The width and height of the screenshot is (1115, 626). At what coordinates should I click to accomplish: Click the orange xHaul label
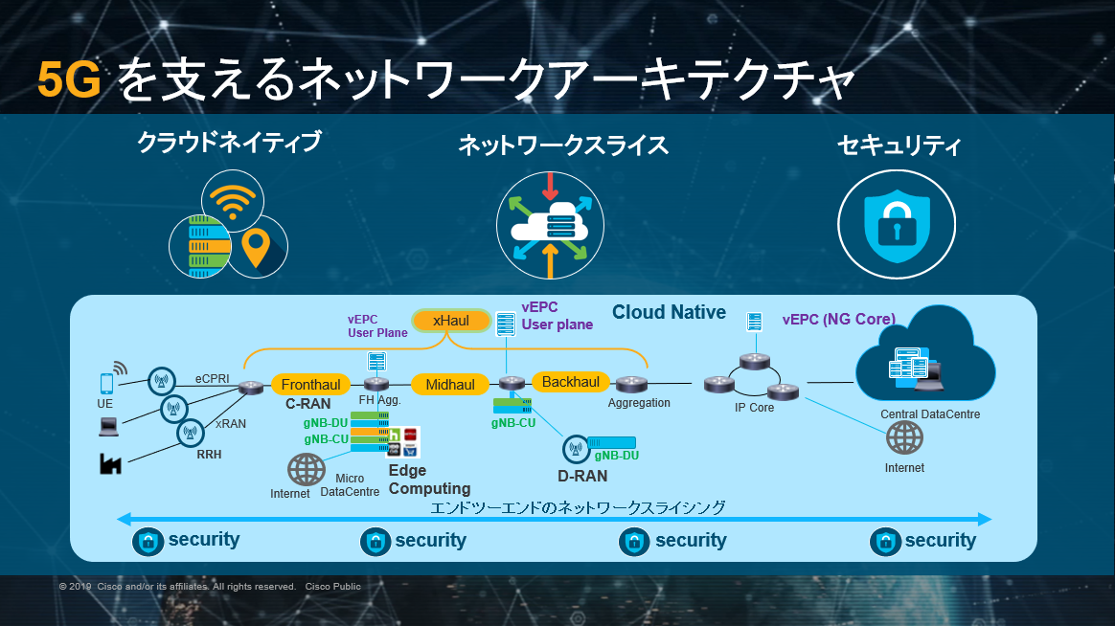[450, 321]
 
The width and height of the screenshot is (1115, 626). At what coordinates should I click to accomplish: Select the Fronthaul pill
[311, 385]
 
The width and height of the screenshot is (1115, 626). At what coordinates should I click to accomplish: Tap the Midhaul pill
[449, 385]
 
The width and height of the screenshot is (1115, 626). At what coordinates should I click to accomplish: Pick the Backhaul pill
[571, 382]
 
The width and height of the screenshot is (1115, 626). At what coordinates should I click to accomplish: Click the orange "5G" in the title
[69, 80]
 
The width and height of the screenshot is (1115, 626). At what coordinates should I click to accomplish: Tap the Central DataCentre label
[930, 414]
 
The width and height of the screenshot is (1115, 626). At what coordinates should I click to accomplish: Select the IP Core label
[754, 408]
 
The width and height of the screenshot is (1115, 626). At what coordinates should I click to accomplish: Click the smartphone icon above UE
[106, 383]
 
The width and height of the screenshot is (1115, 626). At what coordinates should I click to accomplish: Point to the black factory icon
[110, 464]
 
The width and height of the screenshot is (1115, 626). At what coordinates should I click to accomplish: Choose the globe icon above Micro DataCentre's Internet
[307, 469]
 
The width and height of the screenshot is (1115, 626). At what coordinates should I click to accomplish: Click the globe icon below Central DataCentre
[904, 437]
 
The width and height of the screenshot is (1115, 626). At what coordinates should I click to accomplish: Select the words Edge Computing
[429, 480]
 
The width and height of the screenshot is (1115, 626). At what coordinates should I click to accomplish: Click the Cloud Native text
[669, 312]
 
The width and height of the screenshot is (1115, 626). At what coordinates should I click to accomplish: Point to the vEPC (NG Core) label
[839, 319]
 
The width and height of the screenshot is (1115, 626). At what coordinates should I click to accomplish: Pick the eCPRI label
[213, 378]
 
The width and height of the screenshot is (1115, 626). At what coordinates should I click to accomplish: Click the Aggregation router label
[639, 403]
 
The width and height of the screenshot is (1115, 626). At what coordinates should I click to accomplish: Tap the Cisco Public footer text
[333, 586]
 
